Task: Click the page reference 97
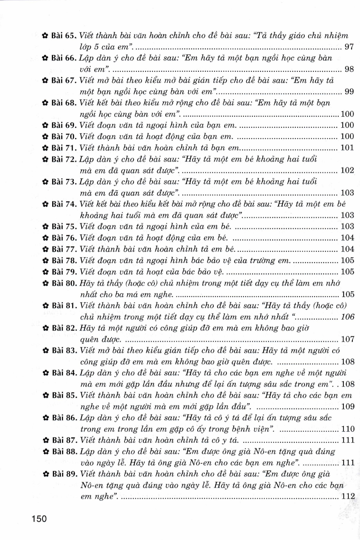coord(349,47)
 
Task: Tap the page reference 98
coord(349,69)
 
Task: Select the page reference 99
coord(349,91)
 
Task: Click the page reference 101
coord(347,148)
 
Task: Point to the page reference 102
coord(347,170)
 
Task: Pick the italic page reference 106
coord(347,317)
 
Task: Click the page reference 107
coord(347,339)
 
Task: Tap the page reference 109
coord(347,407)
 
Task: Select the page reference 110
coord(347,429)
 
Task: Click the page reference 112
coord(348,496)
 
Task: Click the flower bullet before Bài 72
coord(45,159)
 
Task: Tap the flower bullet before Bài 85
coord(45,396)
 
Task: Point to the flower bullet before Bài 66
coord(45,58)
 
